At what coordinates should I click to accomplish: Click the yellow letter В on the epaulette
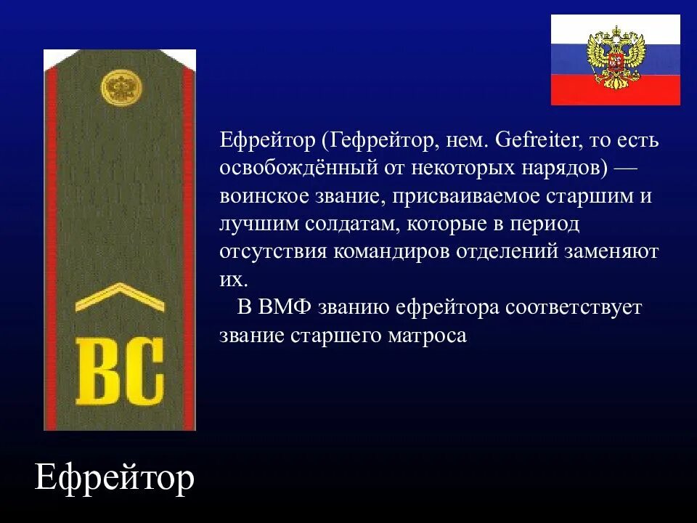click(x=96, y=370)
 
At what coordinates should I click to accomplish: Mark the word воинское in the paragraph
click(x=266, y=196)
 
